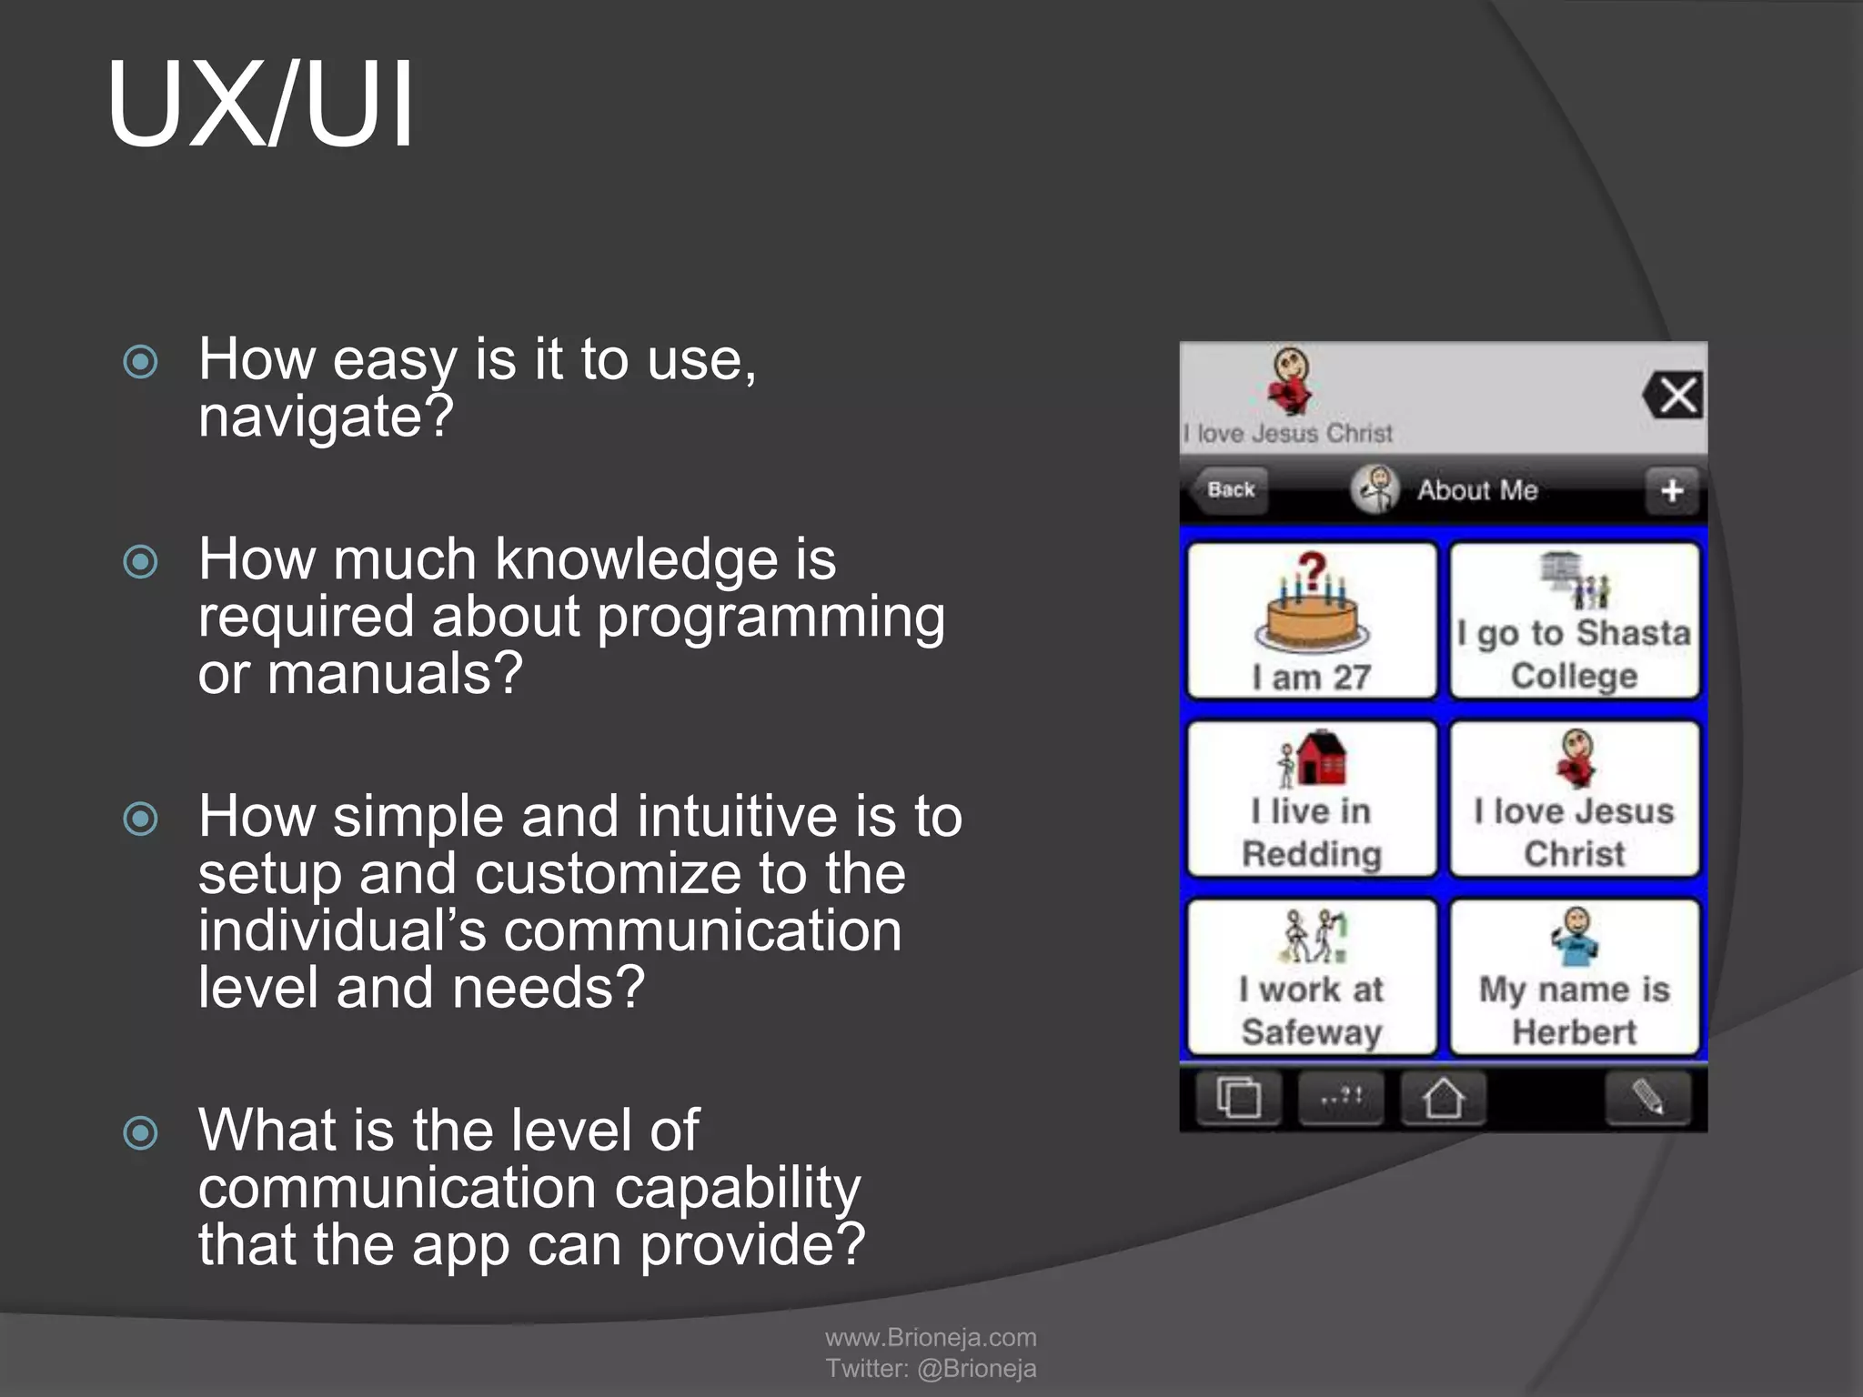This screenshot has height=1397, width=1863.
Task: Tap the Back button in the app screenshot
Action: point(1229,490)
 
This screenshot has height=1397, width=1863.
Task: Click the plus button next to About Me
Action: point(1671,491)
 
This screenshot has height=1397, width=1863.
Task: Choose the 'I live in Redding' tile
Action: point(1312,799)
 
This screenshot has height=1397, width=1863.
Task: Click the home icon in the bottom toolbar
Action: point(1443,1098)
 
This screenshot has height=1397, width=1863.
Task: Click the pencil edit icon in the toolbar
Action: point(1647,1098)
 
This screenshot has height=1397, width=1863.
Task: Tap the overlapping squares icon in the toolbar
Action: point(1238,1098)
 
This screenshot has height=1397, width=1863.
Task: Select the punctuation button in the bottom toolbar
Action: point(1341,1098)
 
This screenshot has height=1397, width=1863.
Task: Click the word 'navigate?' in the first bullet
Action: point(326,417)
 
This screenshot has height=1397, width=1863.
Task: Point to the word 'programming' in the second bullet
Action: point(770,618)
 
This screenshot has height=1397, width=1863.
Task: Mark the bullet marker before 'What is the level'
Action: point(141,1132)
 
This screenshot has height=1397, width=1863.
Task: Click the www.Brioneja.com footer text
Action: point(931,1337)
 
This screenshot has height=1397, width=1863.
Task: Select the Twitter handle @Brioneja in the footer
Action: point(976,1368)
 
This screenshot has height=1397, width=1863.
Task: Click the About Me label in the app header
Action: point(1476,490)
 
